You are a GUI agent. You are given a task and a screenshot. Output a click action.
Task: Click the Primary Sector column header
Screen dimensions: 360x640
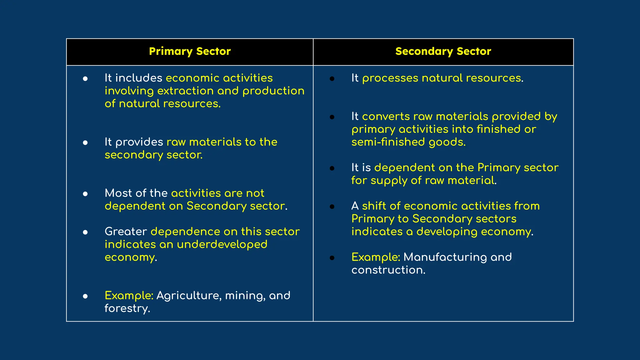click(x=190, y=51)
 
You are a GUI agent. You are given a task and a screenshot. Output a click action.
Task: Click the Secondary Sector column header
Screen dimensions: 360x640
click(x=443, y=51)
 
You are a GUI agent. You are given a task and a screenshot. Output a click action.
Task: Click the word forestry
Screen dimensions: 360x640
click(x=127, y=309)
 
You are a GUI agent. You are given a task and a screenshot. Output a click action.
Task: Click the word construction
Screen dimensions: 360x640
click(x=388, y=270)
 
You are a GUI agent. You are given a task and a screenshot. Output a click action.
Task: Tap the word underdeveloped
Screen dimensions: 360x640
click(x=222, y=244)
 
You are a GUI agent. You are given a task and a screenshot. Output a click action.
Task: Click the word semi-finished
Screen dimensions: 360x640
click(x=388, y=142)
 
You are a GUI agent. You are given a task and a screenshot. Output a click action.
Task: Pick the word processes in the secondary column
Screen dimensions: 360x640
click(x=390, y=78)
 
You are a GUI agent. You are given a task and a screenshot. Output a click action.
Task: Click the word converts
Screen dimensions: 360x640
click(x=386, y=117)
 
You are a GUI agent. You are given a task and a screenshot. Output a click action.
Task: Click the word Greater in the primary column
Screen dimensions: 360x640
click(x=126, y=232)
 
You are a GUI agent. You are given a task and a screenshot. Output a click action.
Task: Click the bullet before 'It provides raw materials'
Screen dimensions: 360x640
click(x=85, y=143)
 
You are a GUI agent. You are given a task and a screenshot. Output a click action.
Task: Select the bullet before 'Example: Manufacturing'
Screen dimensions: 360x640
click(x=332, y=258)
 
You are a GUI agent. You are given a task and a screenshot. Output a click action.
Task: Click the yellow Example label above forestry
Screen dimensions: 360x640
click(x=129, y=296)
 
